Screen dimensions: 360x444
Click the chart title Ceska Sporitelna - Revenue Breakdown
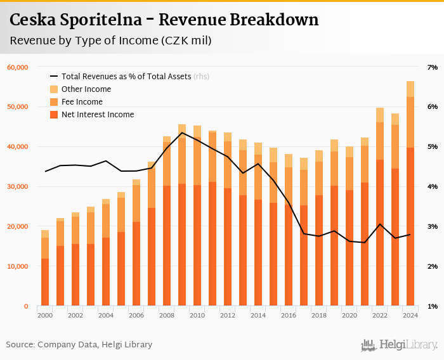tap(164, 20)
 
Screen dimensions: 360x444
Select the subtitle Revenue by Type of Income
tap(110, 41)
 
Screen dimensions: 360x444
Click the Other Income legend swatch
tap(54, 89)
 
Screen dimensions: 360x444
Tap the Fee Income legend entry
tap(82, 102)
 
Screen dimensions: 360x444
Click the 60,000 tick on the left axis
tap(18, 67)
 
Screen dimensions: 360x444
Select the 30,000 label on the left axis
tap(18, 187)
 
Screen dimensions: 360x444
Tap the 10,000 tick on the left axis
tap(18, 267)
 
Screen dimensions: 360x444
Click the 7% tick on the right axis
tap(433, 67)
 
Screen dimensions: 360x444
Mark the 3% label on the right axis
tap(433, 227)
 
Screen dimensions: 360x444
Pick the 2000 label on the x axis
tap(45, 315)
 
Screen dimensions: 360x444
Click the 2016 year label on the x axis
tap(289, 315)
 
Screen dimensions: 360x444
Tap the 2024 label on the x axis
tap(410, 315)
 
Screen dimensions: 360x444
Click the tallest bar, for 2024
tap(410, 203)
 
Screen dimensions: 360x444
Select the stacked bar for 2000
tap(45, 273)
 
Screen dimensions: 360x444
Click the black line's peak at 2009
tap(182, 132)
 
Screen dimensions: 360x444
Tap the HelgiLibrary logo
tap(400, 345)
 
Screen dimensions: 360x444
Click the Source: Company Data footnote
tap(79, 345)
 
